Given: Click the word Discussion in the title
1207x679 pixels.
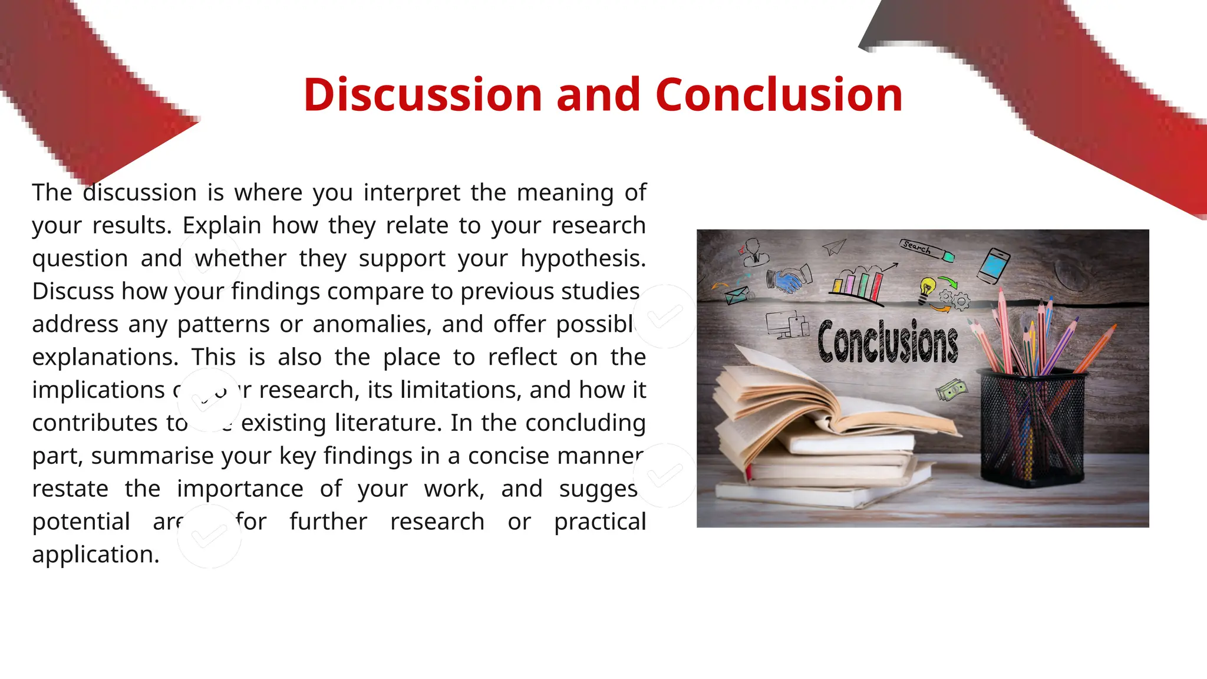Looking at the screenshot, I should pyautogui.click(x=422, y=95).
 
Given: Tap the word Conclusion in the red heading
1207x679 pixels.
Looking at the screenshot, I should pyautogui.click(x=779, y=95).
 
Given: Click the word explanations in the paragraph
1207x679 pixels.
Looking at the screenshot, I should pyautogui.click(x=105, y=357).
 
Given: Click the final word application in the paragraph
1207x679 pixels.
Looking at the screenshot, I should pyautogui.click(x=95, y=555).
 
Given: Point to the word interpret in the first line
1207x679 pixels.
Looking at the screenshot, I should pyautogui.click(x=411, y=193).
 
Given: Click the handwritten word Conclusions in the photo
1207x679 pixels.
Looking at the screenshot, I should pyautogui.click(x=888, y=342).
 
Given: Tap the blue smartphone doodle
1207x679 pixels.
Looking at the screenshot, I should pyautogui.click(x=994, y=265).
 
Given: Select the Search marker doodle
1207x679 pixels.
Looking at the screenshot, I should pyautogui.click(x=925, y=250).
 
